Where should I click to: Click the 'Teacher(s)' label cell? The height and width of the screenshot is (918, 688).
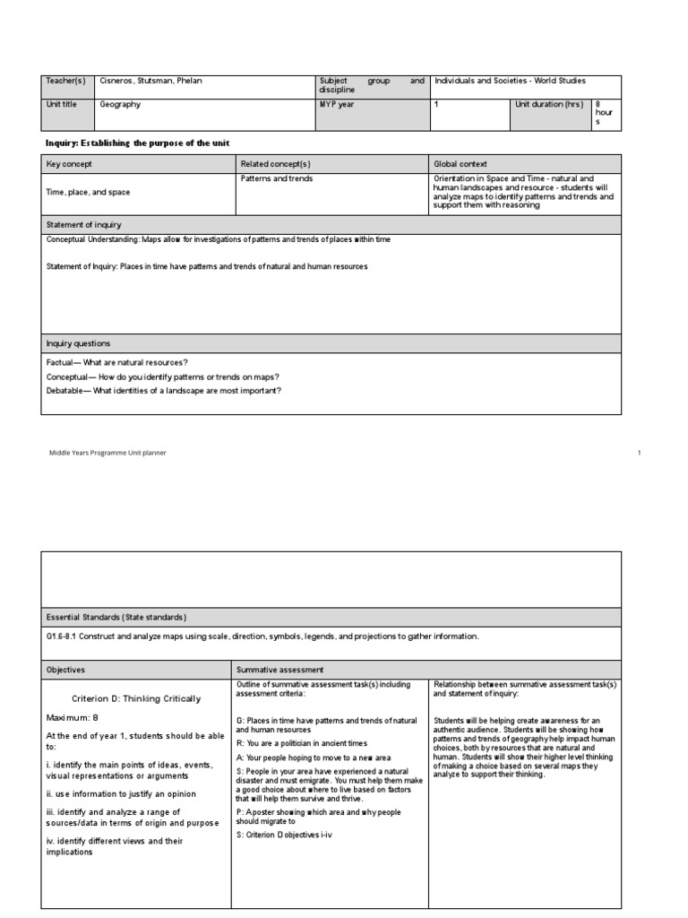pos(65,81)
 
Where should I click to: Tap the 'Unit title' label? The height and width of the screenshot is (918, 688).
pos(62,104)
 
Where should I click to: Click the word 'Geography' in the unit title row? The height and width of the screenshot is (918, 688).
pos(120,104)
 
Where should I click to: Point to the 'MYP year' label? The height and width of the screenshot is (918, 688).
pos(338,104)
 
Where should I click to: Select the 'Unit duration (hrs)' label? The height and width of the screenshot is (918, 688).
pos(549,104)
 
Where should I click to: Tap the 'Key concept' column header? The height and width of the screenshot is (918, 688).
pos(69,164)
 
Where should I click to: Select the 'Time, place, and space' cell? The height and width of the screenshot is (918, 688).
pos(88,192)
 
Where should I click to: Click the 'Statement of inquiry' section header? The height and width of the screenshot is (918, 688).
pos(84,224)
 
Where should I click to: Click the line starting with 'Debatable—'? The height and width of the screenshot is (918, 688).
pos(164,390)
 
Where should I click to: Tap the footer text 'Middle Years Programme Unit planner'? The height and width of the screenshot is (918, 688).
pos(107,453)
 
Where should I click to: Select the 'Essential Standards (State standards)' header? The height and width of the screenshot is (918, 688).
pos(116,617)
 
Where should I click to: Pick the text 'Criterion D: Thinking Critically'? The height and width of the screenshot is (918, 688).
pos(136,698)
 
